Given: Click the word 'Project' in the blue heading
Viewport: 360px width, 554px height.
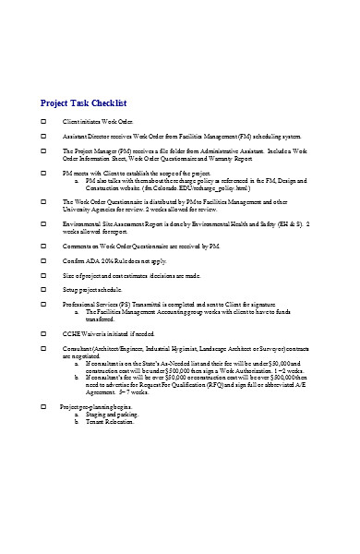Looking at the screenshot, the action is (x=58, y=102).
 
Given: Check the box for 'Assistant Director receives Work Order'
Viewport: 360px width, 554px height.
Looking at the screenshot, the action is (x=44, y=136).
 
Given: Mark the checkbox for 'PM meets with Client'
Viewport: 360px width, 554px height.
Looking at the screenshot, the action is (x=44, y=174).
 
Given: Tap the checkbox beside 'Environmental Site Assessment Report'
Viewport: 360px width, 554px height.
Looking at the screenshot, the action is (x=44, y=223).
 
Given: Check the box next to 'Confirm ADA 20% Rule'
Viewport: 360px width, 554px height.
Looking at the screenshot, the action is (x=44, y=262).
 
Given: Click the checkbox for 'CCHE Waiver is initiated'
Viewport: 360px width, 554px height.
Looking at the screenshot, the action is (x=44, y=333).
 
